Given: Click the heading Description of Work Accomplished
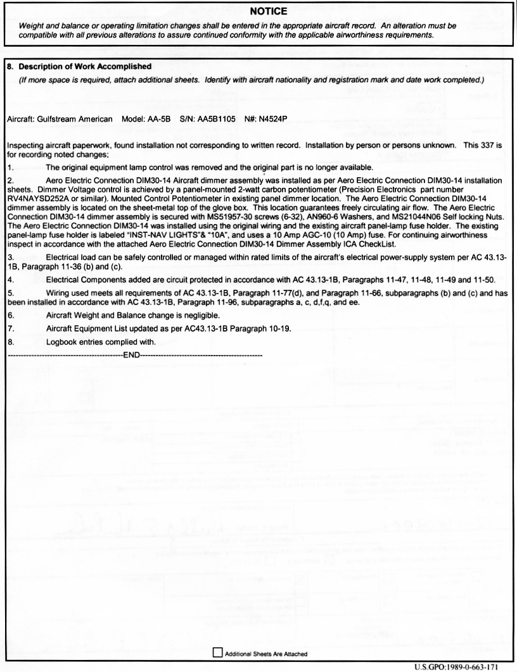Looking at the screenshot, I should coord(83,66).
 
